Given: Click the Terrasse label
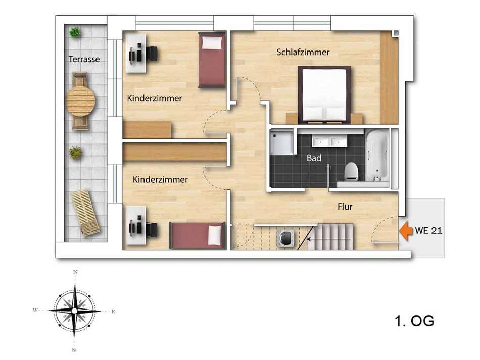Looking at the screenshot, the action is tap(84, 59).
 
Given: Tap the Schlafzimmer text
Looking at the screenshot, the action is tap(303, 52).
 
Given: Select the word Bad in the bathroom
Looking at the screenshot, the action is tap(314, 158).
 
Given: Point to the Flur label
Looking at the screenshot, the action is tap(345, 207).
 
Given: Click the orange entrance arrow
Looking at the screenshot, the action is tap(405, 231).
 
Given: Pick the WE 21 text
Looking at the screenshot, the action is tap(428, 231).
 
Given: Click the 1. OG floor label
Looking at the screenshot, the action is tap(414, 321).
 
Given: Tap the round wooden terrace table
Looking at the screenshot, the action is tap(80, 101).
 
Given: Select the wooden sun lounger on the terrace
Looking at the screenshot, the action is tap(85, 213).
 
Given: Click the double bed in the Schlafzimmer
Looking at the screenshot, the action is tap(324, 95).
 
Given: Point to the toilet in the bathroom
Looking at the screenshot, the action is tap(351, 171).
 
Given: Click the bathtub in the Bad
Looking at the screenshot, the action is tap(377, 156).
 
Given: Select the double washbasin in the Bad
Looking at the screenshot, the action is tap(329, 141).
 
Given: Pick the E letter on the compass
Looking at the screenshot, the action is tap(113, 312).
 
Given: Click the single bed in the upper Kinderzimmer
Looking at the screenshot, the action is tap(212, 60).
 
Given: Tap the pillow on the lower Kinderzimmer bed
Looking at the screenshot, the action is tap(215, 235).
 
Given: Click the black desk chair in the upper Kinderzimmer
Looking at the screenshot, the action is tap(152, 53).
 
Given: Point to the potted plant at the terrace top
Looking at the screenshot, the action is tap(75, 32).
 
